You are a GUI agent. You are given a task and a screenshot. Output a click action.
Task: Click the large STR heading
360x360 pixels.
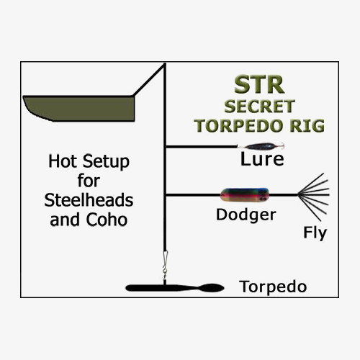tap(259, 84)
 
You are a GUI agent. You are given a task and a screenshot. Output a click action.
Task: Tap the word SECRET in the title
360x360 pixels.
tap(259, 107)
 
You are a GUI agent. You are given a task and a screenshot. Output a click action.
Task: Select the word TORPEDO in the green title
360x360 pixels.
tap(238, 125)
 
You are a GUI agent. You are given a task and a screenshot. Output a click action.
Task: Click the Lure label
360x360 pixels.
tap(262, 159)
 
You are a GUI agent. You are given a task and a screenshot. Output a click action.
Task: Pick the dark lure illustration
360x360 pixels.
tap(261, 146)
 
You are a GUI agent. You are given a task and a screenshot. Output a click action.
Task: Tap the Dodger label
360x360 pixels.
tap(246, 215)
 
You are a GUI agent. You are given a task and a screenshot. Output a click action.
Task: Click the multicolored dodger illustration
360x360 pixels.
tap(244, 194)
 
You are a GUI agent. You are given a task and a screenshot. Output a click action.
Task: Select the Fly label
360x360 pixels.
tap(315, 233)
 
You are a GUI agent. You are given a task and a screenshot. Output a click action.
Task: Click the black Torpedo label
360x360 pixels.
tap(273, 287)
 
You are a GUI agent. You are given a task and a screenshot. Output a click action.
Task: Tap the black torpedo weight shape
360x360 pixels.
tap(175, 288)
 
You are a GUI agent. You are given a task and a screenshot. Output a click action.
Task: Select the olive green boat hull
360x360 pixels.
tap(79, 109)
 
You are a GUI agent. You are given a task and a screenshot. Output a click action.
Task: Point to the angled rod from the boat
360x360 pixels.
tap(149, 80)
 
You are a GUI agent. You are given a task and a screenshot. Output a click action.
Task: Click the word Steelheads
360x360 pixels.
tap(89, 200)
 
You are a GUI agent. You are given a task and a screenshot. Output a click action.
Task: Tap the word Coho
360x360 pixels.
tap(107, 220)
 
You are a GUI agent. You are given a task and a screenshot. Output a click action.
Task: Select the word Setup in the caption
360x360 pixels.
tap(106, 162)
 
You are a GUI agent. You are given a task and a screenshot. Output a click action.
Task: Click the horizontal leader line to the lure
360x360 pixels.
tap(202, 147)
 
